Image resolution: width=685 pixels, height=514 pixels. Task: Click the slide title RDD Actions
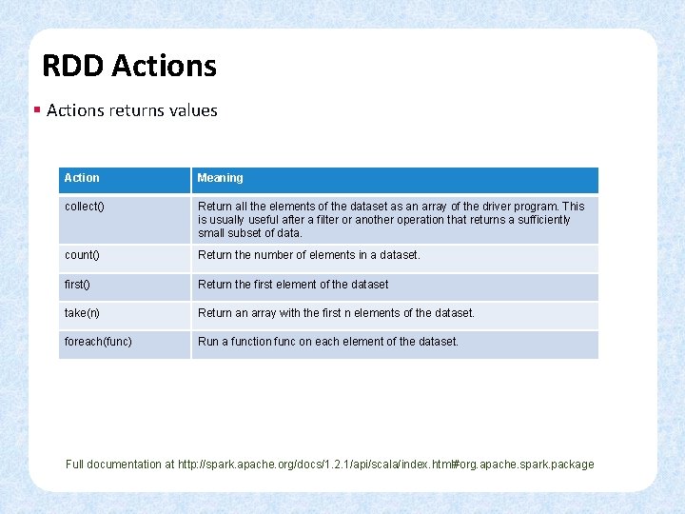coord(129,66)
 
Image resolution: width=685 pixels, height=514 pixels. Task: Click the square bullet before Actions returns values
coord(36,110)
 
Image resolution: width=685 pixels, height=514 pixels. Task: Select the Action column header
coord(82,178)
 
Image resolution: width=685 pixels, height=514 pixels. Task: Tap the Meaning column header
coord(220,178)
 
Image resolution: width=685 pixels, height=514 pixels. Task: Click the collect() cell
coord(84,207)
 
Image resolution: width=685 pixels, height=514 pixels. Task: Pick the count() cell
coord(82,255)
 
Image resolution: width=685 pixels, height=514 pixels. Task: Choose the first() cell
coord(77,284)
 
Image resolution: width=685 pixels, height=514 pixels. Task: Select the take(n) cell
coord(83,312)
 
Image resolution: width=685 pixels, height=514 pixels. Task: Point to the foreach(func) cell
coord(98,341)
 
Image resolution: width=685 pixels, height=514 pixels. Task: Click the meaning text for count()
coord(308,255)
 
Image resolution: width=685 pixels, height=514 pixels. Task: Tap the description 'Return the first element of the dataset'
coord(293,284)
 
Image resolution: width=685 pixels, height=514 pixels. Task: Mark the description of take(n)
coord(336,312)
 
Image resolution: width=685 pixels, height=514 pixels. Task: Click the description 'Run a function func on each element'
coord(327,341)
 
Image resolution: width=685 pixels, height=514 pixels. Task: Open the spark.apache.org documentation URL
coord(385,465)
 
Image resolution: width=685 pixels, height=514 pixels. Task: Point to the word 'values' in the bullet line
coord(194,110)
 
